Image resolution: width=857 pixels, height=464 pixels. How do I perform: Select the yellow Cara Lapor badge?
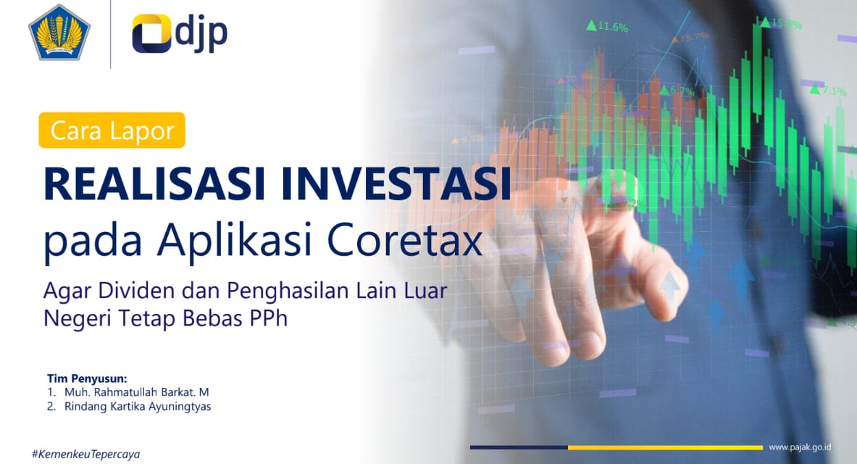pyautogui.click(x=112, y=130)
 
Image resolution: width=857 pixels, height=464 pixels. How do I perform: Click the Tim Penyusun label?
pyautogui.click(x=87, y=378)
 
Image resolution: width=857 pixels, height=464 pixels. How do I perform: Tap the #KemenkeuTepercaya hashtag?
pyautogui.click(x=85, y=454)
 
